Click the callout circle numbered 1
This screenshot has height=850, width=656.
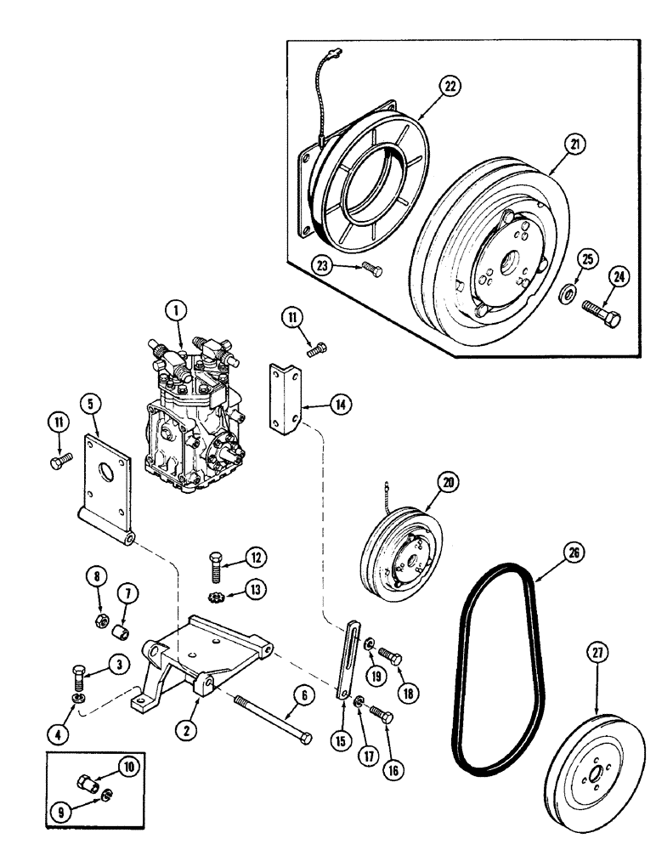click(x=177, y=313)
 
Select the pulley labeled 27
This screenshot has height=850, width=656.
click(x=586, y=773)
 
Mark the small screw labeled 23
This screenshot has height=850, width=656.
click(x=371, y=269)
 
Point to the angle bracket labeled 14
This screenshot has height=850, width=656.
click(x=286, y=398)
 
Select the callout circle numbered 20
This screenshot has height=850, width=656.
click(x=444, y=483)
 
